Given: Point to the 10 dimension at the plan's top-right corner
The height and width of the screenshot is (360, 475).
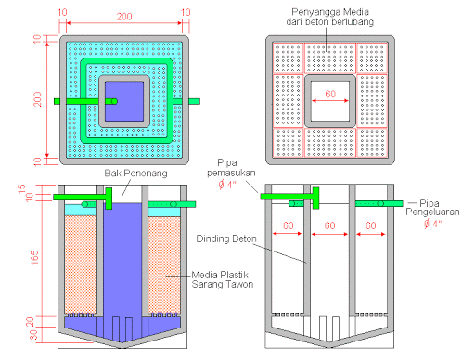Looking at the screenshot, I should point(187,12).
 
